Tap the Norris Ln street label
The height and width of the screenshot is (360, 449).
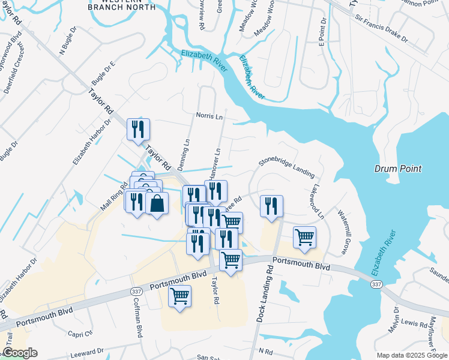pyautogui.click(x=209, y=116)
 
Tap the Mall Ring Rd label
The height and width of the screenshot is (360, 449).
pyautogui.click(x=115, y=196)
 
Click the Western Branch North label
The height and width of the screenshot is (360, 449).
pyautogui.click(x=121, y=5)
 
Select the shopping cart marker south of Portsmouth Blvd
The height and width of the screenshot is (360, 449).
pyautogui.click(x=180, y=296)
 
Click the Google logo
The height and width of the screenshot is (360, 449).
pyautogui.click(x=20, y=353)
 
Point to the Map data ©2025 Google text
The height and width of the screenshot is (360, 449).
pyautogui.click(x=411, y=355)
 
